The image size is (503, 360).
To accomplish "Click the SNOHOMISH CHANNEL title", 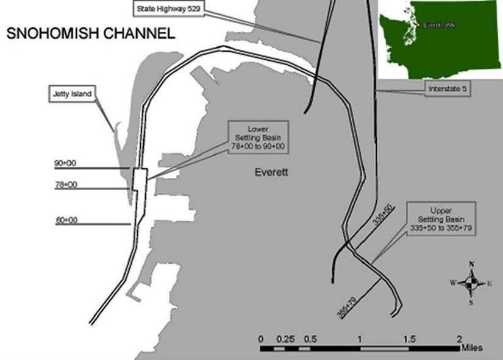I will pos(90,33).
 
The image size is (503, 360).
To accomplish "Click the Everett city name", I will pos(271,173).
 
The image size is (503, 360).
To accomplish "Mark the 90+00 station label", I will pos(66,164).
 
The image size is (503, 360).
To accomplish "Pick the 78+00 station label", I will pos(66,185).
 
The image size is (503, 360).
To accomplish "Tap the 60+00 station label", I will pos(66,220).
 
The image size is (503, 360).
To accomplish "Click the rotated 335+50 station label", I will pos(382,222).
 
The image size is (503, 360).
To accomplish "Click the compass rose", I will pos(471,283).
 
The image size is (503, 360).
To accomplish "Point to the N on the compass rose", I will pos(471,264).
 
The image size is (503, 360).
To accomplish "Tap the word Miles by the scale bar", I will pos(472,348).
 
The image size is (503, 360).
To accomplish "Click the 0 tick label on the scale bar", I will pos(261,339).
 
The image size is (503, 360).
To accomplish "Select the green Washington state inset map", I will pos(440,40).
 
